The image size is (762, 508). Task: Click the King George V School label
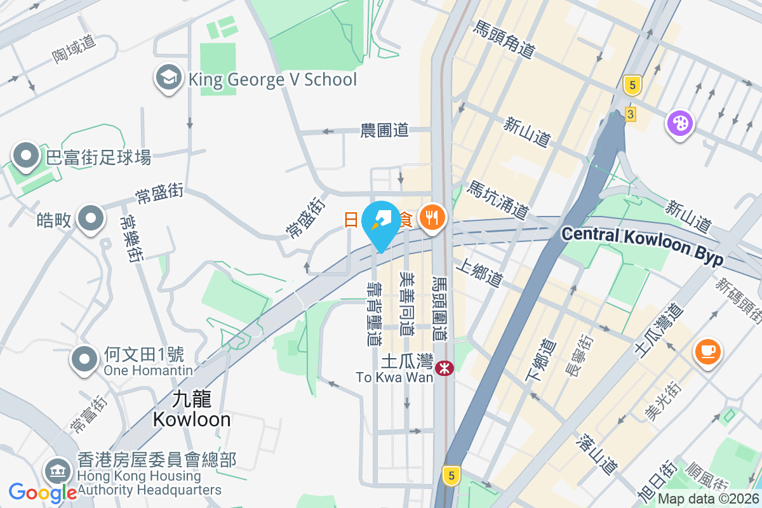(x=272, y=80)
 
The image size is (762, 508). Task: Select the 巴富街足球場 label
(x=99, y=157)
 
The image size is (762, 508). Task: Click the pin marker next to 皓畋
(x=91, y=218)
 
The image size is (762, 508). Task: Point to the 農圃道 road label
(x=384, y=131)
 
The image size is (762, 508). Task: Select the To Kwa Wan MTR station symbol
(x=444, y=368)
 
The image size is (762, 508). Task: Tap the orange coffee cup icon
(x=709, y=351)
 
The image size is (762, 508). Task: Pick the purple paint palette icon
(x=680, y=122)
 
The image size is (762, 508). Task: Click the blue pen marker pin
(x=381, y=223)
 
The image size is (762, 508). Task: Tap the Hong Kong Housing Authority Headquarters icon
(x=58, y=471)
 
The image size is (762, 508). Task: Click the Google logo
(x=43, y=492)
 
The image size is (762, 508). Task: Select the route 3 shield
(x=630, y=114)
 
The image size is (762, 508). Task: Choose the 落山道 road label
(x=598, y=454)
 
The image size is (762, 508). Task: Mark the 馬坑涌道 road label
(x=499, y=199)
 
